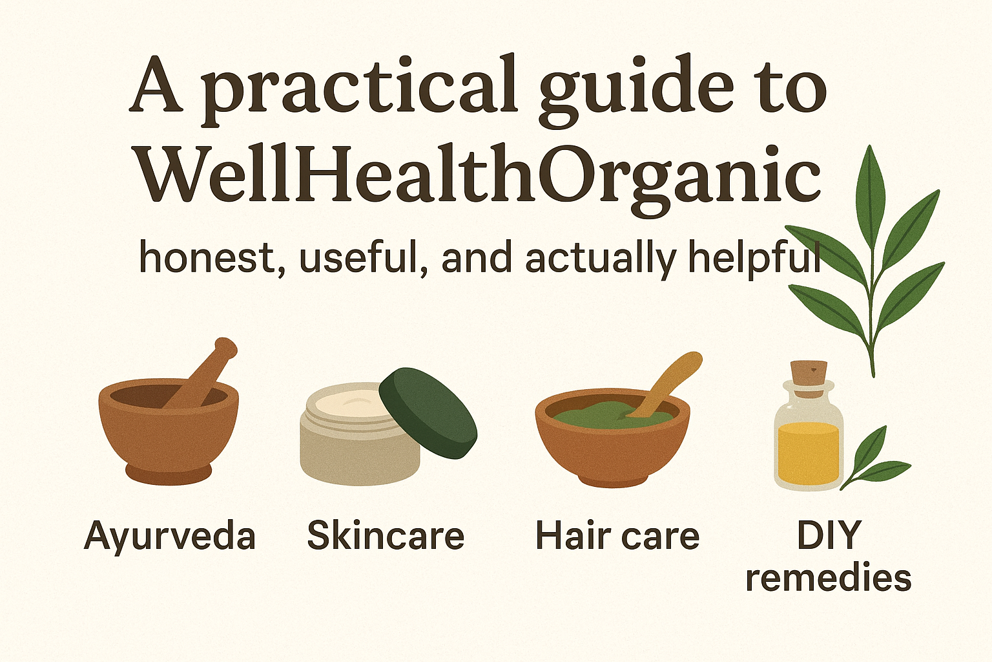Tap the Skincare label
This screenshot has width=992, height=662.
(386, 536)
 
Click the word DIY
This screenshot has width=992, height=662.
(829, 535)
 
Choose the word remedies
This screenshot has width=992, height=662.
(828, 577)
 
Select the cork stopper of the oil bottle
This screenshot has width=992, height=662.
(809, 374)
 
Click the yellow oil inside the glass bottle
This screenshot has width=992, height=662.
(808, 453)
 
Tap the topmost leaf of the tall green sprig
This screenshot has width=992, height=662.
(870, 187)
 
